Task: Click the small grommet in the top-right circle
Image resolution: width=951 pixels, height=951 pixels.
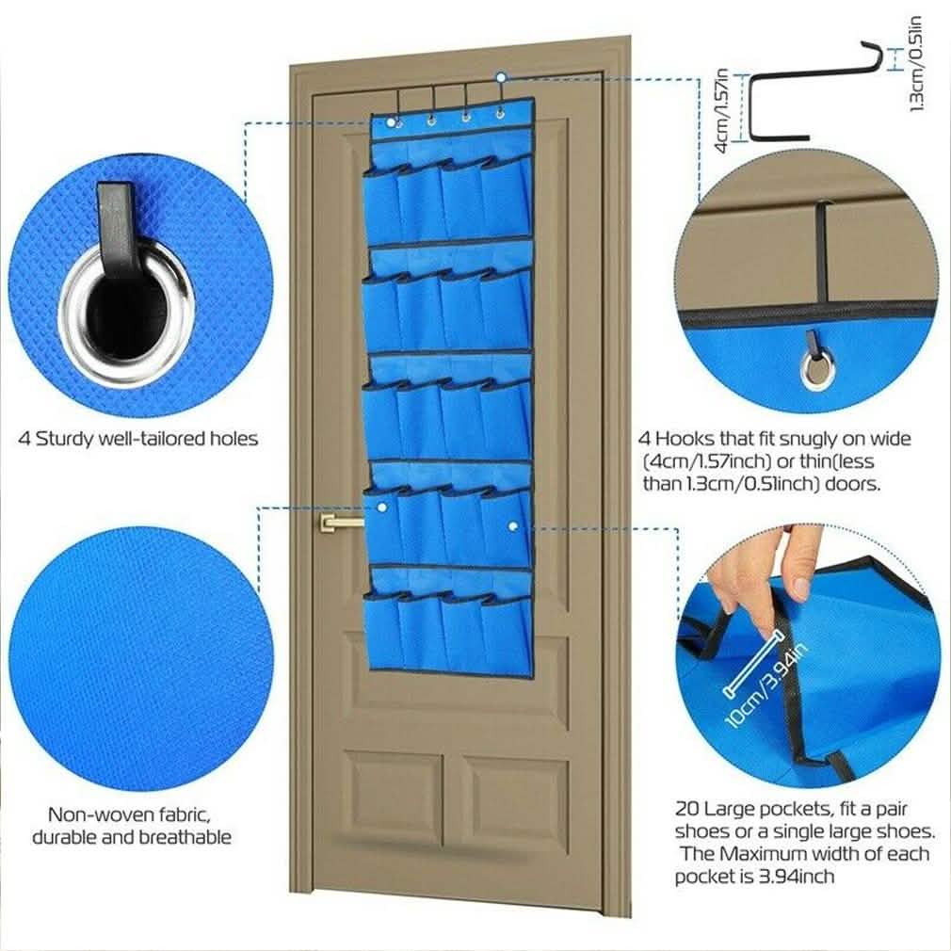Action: (816, 369)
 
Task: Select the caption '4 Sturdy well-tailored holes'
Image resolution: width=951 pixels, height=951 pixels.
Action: (138, 439)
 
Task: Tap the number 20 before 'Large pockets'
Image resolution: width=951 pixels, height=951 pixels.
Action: (686, 809)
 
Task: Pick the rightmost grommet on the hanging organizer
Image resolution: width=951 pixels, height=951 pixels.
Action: (498, 118)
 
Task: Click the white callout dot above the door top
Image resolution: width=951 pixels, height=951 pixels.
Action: (502, 76)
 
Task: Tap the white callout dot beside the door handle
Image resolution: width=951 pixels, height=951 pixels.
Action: (382, 507)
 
